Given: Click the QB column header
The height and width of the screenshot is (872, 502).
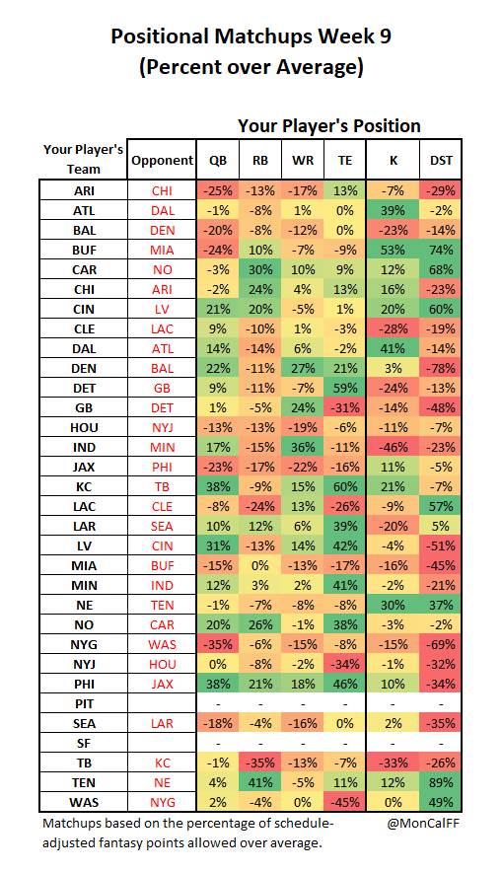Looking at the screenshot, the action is point(217,160).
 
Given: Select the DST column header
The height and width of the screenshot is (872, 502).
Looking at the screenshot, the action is point(441,160).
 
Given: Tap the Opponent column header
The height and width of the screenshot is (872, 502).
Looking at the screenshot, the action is point(162,160).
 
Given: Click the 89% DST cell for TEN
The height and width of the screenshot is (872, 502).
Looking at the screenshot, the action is point(441,782).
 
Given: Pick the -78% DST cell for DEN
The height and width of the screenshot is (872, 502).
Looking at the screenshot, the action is point(441,368).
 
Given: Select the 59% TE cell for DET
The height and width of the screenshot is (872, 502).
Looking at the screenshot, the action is point(344,389).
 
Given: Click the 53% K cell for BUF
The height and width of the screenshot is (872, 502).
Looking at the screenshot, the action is point(394,251).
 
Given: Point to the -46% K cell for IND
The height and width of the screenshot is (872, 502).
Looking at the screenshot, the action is point(394,447).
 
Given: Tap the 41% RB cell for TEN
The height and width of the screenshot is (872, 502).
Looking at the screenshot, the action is point(260,782).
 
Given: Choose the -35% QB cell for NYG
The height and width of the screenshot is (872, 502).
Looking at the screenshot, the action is point(217,644).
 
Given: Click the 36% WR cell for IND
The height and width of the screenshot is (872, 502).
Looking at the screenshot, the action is point(303,447).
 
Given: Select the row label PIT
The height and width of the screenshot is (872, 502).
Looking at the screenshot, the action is point(84,703).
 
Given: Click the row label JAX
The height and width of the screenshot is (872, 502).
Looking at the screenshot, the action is point(84,468).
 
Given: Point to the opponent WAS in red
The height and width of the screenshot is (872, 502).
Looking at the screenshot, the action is point(162,644).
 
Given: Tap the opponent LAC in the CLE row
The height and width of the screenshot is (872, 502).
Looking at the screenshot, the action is point(162,329).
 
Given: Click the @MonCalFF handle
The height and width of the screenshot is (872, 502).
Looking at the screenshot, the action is point(423,823).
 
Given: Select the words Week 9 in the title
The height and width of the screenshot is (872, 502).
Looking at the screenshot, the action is point(355,36).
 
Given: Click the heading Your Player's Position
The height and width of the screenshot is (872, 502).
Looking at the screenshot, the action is point(329,126).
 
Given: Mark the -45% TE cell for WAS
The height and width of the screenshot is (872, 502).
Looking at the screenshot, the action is point(344,803).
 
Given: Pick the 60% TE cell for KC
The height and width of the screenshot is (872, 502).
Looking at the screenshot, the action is point(344,486).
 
